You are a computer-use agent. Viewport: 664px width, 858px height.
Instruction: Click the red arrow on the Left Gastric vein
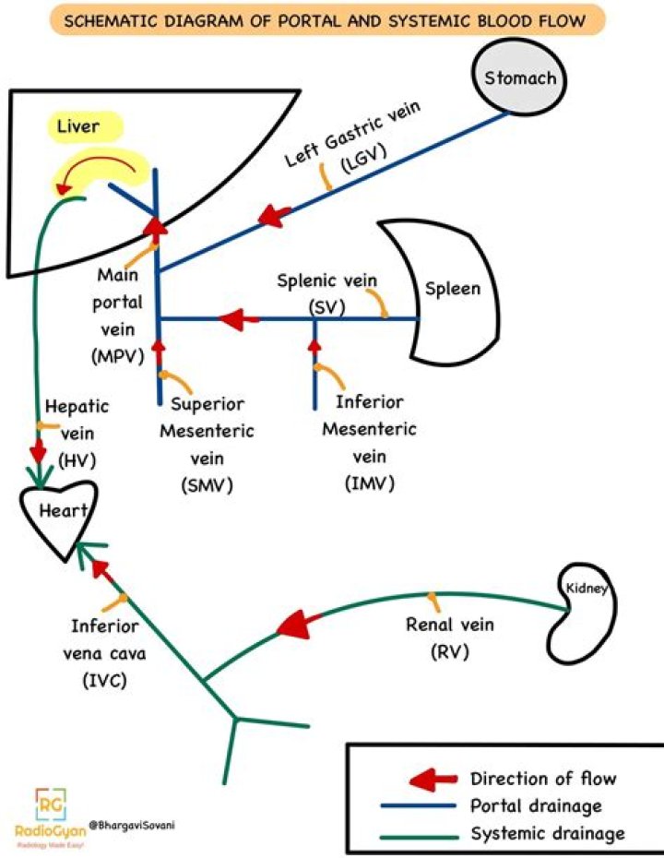point(274,216)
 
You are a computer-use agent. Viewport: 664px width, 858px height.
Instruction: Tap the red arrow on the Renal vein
point(299,624)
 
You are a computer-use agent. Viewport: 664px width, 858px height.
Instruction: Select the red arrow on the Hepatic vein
point(39,450)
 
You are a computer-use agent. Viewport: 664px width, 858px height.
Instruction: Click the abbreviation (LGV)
point(363,159)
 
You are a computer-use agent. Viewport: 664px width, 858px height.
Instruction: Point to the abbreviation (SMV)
point(207,485)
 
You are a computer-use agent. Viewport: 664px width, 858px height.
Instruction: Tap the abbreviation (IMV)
point(369,483)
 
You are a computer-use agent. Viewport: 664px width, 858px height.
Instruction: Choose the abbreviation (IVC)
point(104,681)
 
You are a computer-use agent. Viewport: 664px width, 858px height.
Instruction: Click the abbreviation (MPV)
point(118,357)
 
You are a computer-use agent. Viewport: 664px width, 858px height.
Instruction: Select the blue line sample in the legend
point(419,805)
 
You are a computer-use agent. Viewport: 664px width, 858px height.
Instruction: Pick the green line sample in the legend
point(420,837)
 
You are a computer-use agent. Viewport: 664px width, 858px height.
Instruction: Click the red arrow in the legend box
point(433,779)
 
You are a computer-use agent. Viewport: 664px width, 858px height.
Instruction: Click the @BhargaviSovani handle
point(133,825)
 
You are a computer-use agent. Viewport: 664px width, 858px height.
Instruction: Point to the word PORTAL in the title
point(310,21)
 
